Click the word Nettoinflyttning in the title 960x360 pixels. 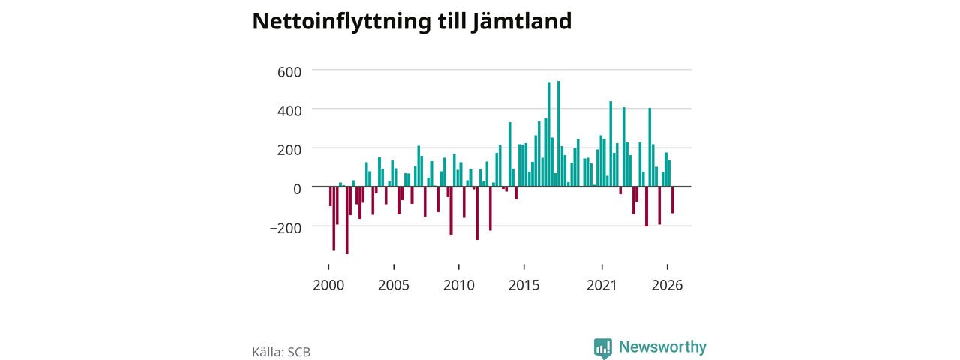341,22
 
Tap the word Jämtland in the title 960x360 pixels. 521,21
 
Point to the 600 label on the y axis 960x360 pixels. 289,71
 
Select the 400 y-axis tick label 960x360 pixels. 289,111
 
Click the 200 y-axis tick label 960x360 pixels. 289,150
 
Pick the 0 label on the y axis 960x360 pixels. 297,189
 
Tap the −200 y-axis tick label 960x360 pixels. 286,228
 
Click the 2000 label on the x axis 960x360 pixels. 328,285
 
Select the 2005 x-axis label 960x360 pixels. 394,285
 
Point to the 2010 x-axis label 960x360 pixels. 459,285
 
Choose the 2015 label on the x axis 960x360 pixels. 523,285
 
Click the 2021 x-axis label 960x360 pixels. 601,285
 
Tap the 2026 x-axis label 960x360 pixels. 667,285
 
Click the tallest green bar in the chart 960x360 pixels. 559,133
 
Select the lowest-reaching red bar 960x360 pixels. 347,220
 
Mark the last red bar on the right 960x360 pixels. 673,200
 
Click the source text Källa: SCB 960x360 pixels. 281,352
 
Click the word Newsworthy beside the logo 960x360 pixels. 662,346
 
